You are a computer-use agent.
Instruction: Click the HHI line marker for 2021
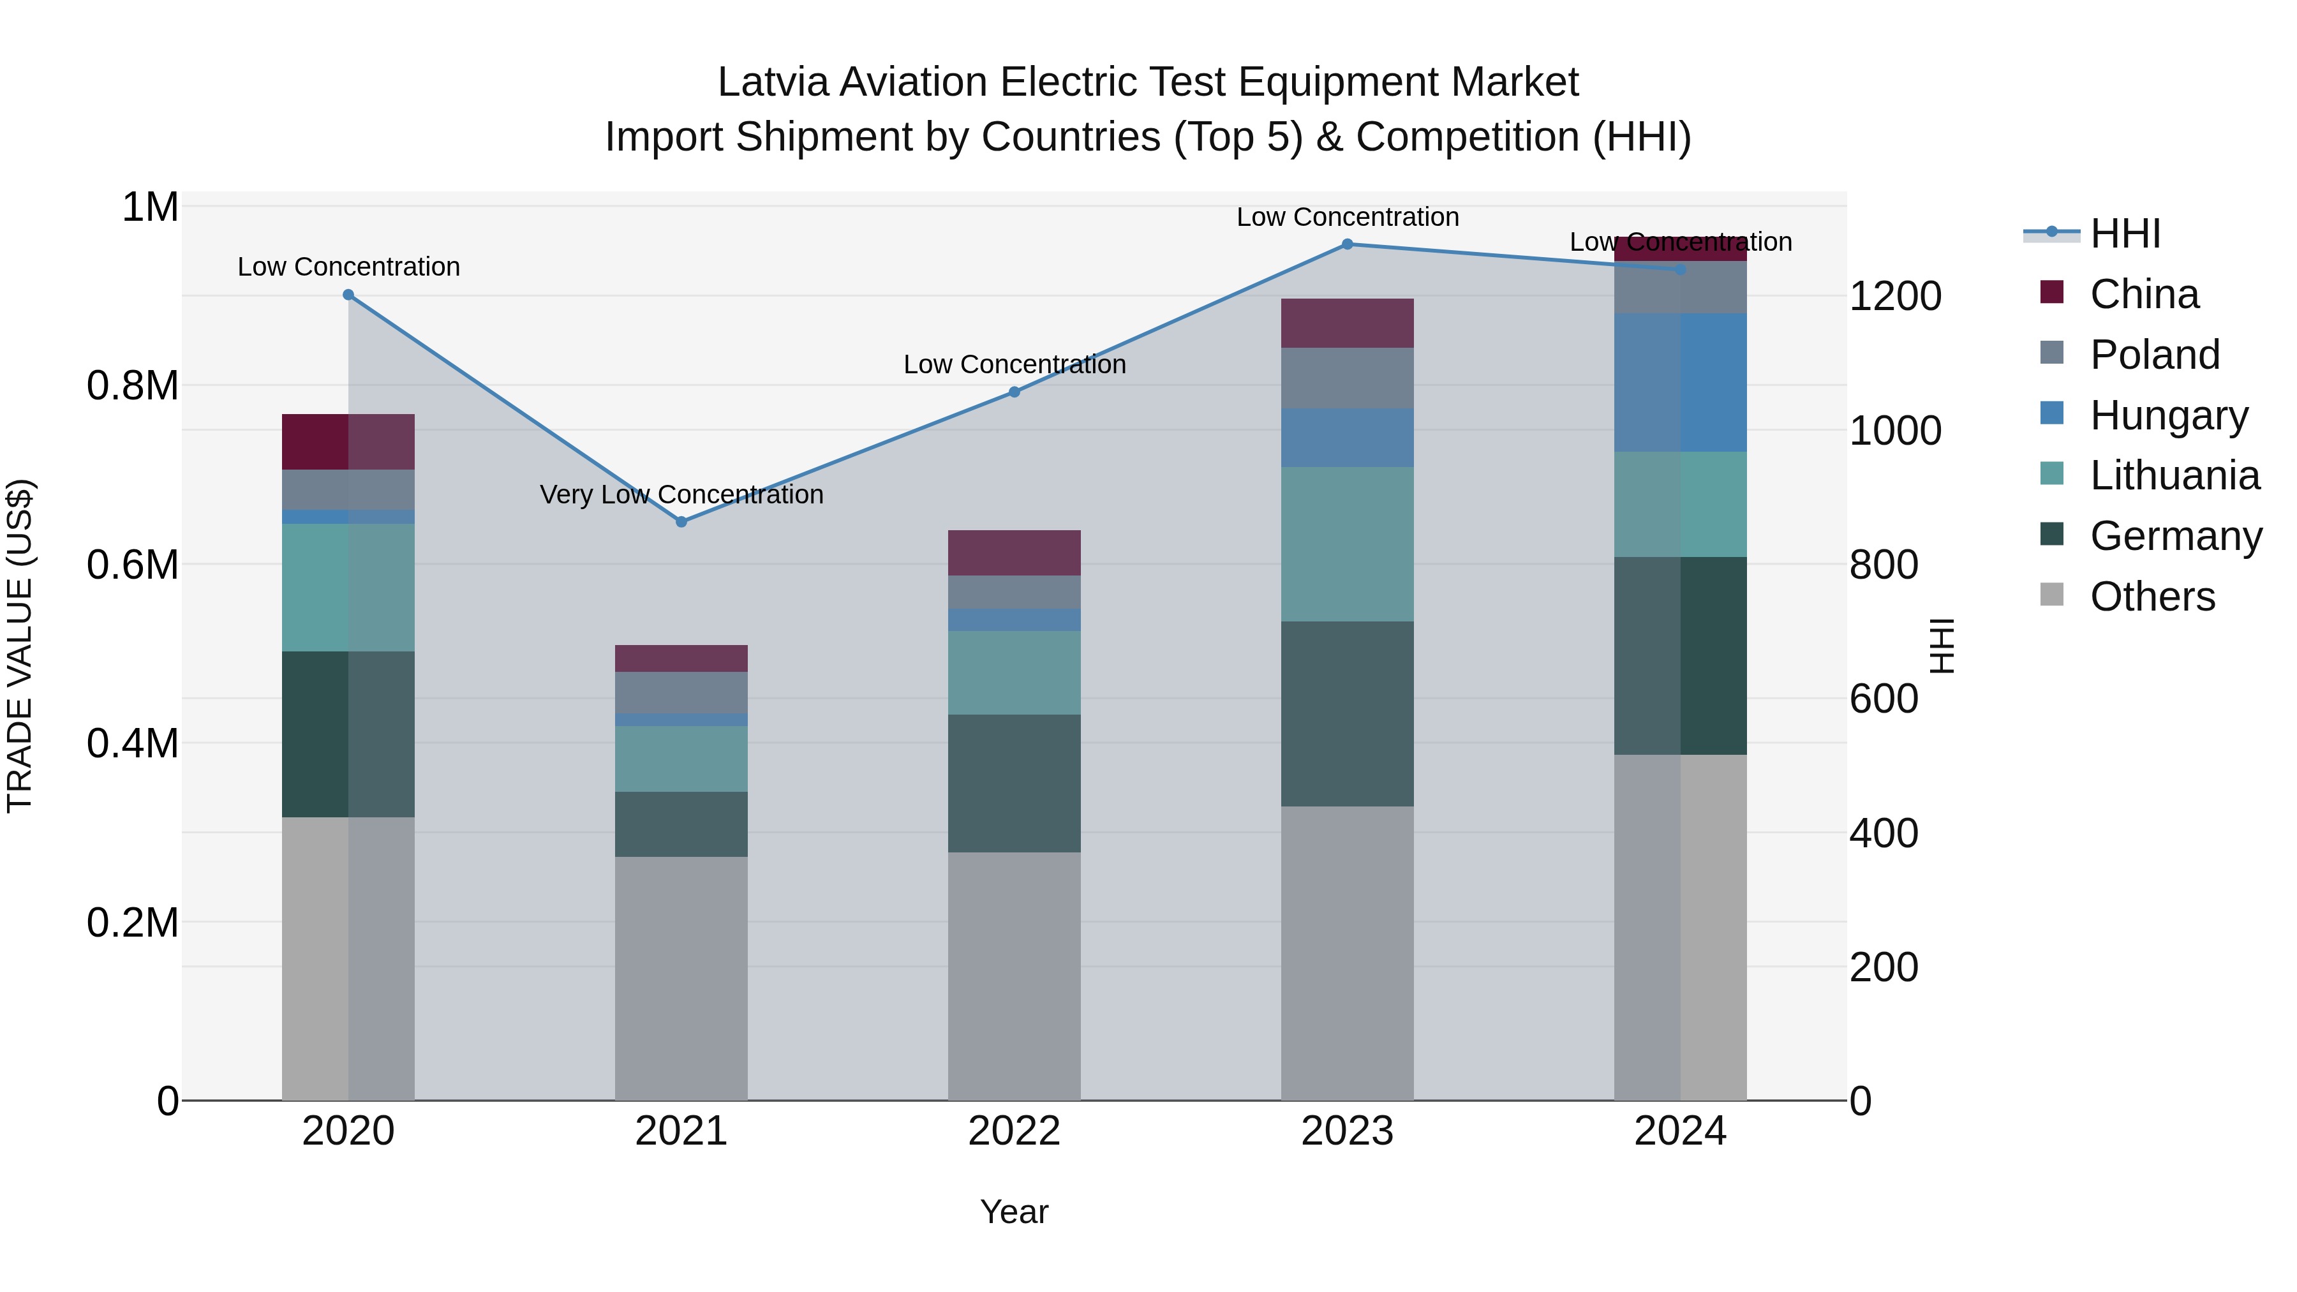click(x=681, y=522)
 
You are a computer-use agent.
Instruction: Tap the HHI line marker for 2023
click(x=1348, y=244)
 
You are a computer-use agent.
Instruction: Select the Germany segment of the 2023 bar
click(x=1348, y=713)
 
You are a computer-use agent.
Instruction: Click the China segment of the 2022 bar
click(x=1014, y=553)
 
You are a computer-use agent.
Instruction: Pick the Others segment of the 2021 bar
click(x=681, y=978)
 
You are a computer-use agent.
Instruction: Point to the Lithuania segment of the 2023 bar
click(x=1348, y=544)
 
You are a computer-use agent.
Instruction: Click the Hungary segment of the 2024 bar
click(x=1680, y=383)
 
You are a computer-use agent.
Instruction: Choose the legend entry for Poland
click(x=2153, y=355)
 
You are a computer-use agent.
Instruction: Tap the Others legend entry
click(x=2151, y=597)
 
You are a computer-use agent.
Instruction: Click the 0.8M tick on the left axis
click(x=133, y=386)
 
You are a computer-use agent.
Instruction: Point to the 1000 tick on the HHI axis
click(x=1895, y=431)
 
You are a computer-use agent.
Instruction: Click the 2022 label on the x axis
click(x=1014, y=1131)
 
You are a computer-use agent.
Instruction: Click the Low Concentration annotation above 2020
click(x=348, y=267)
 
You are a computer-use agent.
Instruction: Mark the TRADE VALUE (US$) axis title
click(x=20, y=646)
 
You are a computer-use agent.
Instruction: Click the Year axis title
click(x=1014, y=1212)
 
